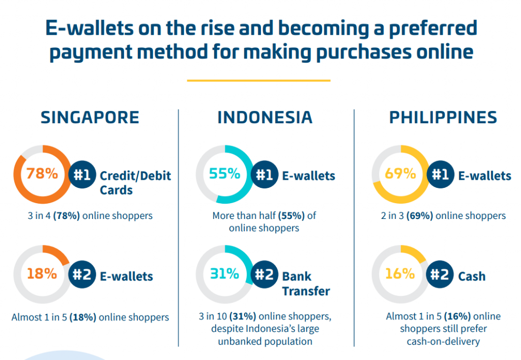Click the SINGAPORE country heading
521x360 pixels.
pyautogui.click(x=90, y=117)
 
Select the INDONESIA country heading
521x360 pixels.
pyautogui.click(x=265, y=117)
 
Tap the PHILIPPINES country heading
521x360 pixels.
pyautogui.click(x=443, y=117)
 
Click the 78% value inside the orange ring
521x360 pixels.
pyautogui.click(x=42, y=173)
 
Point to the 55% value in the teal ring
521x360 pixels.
pyautogui.click(x=224, y=173)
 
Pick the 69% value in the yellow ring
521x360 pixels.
pyautogui.click(x=400, y=173)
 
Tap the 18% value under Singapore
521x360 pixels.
pyautogui.click(x=42, y=273)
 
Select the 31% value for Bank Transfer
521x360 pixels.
pyautogui.click(x=224, y=273)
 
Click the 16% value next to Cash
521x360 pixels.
pyautogui.click(x=400, y=273)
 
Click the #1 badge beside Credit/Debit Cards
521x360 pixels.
pyautogui.click(x=82, y=175)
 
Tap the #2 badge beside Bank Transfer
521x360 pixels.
pyautogui.click(x=265, y=274)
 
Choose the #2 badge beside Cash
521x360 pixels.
pyautogui.click(x=440, y=274)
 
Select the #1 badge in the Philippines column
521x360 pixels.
pyautogui.click(x=440, y=175)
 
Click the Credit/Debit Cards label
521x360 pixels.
pyautogui.click(x=135, y=183)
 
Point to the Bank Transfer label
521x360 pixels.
pyautogui.click(x=306, y=284)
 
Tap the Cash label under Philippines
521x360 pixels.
pyautogui.click(x=472, y=276)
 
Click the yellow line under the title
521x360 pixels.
pyautogui.click(x=258, y=80)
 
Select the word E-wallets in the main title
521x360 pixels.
pyautogui.click(x=90, y=28)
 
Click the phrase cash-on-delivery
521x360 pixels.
pyautogui.click(x=443, y=341)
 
